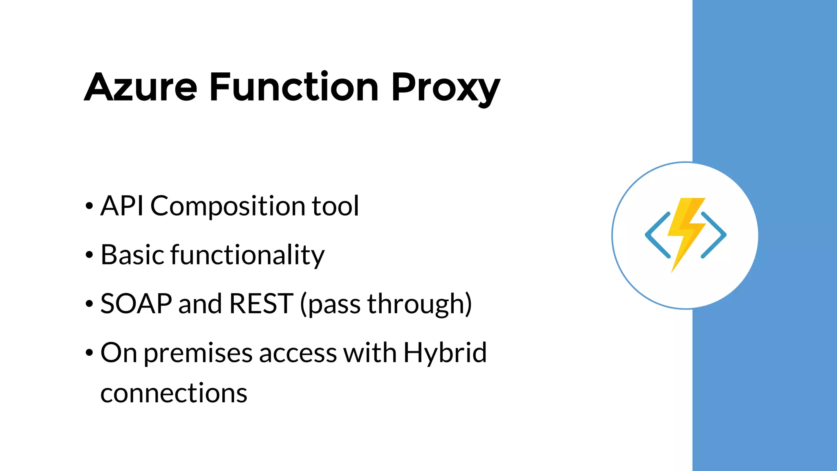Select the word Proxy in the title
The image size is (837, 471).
click(445, 88)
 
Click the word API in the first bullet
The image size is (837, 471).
click(122, 206)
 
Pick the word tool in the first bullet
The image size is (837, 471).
click(336, 206)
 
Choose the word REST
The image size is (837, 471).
click(261, 304)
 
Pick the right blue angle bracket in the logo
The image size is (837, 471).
click(714, 235)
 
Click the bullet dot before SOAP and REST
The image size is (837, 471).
click(89, 305)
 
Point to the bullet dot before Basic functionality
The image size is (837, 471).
click(89, 256)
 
